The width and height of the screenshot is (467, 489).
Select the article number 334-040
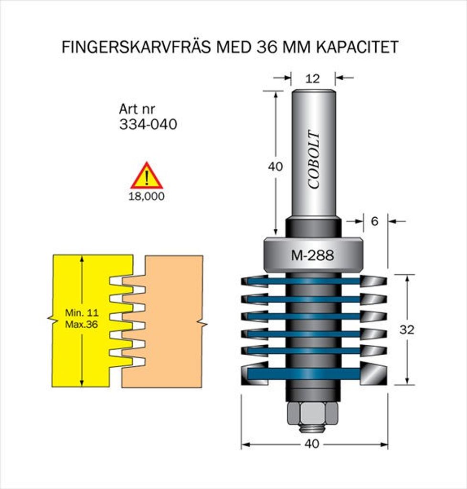click(x=148, y=124)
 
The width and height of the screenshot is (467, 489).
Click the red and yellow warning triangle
click(x=147, y=177)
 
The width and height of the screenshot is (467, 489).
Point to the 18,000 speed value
click(x=147, y=196)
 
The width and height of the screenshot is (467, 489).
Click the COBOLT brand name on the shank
click(x=314, y=159)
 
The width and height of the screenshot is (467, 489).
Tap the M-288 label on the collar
click(x=313, y=255)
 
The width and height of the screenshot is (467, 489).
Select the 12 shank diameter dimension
click(x=313, y=79)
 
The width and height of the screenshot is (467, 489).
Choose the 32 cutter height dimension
click(x=407, y=330)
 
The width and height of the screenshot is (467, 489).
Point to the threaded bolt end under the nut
click(x=313, y=428)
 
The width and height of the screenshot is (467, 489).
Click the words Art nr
click(x=137, y=109)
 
